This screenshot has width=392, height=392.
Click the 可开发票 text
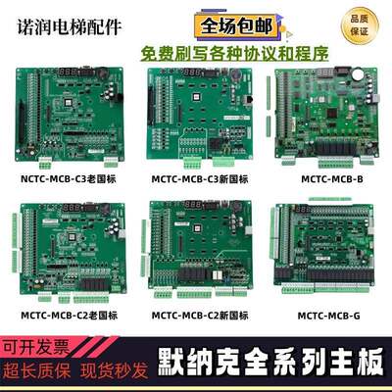point(38,348)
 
